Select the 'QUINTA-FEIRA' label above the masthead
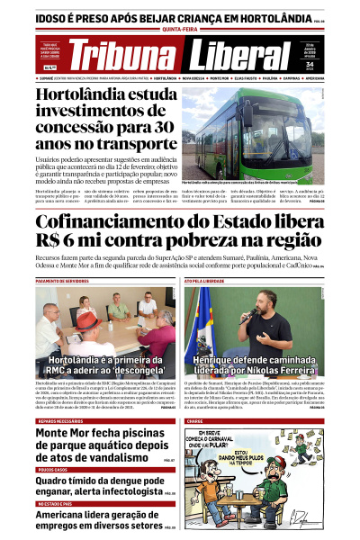pyautogui.click(x=180, y=28)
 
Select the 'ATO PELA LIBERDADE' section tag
pyautogui.click(x=206, y=282)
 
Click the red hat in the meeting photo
pyautogui.click(x=86, y=317)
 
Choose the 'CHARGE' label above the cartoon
pyautogui.click(x=195, y=421)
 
